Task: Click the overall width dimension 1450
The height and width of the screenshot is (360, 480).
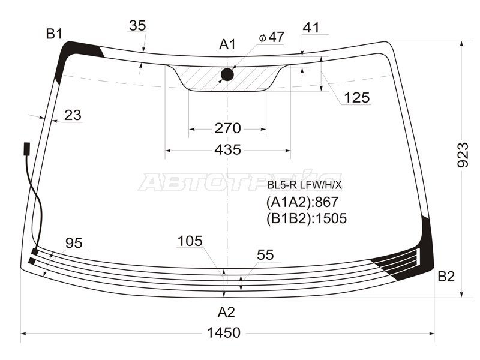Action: coord(223,333)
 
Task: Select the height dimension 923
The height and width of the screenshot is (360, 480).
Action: coord(463,155)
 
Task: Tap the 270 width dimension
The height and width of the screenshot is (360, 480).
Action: coord(227,128)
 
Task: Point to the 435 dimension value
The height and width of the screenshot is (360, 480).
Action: coord(228,150)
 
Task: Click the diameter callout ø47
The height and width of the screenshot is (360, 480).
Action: coord(272,37)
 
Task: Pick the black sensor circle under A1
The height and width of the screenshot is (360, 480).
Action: coord(227,74)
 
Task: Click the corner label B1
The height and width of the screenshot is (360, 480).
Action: coord(54,34)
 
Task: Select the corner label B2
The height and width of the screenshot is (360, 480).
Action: coord(446,277)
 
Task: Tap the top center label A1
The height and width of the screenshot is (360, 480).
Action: coord(227,44)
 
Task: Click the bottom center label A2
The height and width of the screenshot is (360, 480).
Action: coord(226,312)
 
